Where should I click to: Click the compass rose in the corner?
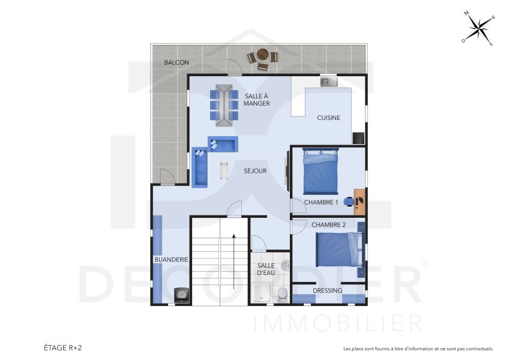[478, 28]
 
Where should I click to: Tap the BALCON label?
[176, 62]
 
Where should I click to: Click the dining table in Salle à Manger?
[224, 105]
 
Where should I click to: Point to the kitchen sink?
[329, 82]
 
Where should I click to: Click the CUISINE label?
[328, 118]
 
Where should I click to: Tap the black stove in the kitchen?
[358, 138]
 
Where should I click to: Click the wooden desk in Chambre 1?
[360, 202]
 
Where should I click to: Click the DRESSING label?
[328, 290]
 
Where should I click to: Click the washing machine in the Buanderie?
[181, 295]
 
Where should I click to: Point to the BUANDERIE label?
[172, 260]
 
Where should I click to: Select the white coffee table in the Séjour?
[224, 170]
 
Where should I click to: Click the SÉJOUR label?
[255, 171]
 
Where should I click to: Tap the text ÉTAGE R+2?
[62, 347]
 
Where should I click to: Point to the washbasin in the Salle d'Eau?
[285, 265]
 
